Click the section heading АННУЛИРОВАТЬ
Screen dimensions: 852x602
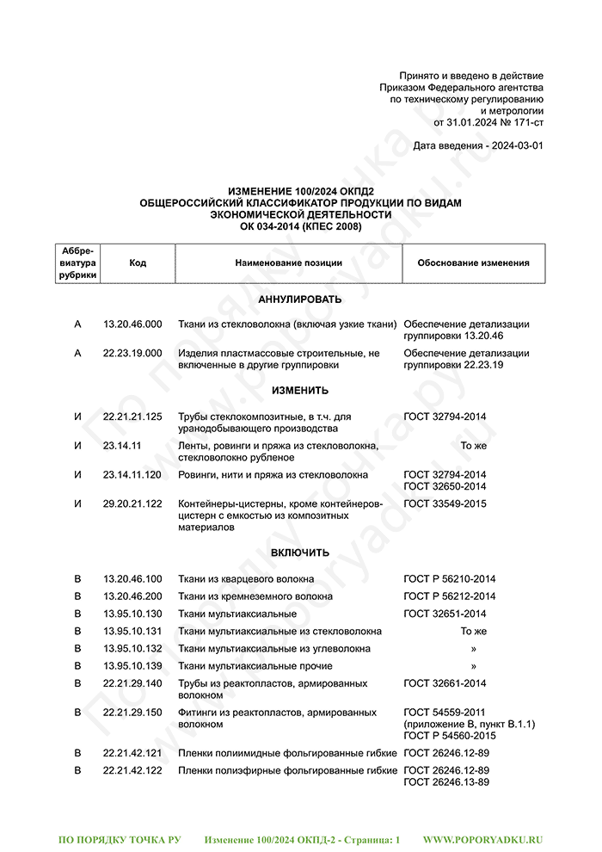coord(300,299)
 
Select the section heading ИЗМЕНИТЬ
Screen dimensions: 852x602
coord(300,391)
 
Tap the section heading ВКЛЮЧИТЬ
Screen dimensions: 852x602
coord(300,553)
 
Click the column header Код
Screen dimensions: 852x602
coord(138,263)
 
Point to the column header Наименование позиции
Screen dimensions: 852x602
coord(288,263)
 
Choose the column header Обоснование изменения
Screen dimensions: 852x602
coord(473,263)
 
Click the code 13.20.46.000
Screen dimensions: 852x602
coord(132,324)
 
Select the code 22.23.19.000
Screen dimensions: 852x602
coord(132,354)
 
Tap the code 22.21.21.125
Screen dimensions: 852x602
coord(132,417)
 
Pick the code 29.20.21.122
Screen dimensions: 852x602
coord(132,503)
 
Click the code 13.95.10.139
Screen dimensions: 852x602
coord(132,666)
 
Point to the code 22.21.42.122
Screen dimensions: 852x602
coord(132,771)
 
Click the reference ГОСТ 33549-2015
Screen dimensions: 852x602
coord(445,503)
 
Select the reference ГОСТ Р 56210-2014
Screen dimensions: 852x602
coord(449,579)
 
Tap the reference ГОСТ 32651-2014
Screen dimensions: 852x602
coord(445,614)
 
